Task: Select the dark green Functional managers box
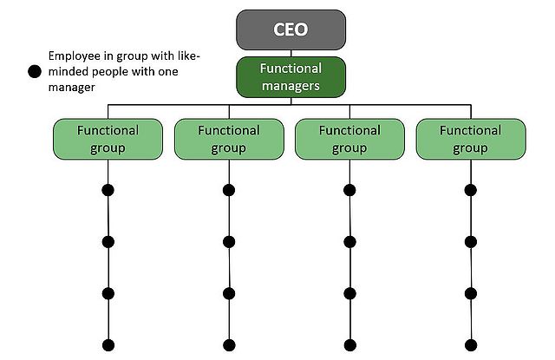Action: click(290, 76)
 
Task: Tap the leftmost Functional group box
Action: click(108, 139)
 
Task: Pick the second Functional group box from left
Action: click(229, 139)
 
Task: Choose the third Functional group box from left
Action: click(349, 139)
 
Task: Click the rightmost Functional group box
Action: click(471, 139)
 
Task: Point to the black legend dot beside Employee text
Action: click(36, 72)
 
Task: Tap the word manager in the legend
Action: click(73, 88)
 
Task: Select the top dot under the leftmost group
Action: click(108, 191)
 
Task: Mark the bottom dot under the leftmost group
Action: click(108, 343)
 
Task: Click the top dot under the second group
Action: click(229, 191)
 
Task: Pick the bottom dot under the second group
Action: click(229, 343)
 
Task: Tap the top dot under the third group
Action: click(349, 191)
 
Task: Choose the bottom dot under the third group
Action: click(349, 343)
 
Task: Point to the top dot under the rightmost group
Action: click(471, 191)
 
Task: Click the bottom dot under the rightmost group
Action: click(471, 343)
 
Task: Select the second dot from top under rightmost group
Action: click(471, 242)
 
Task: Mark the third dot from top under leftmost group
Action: click(108, 292)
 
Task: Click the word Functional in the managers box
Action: click(291, 68)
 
